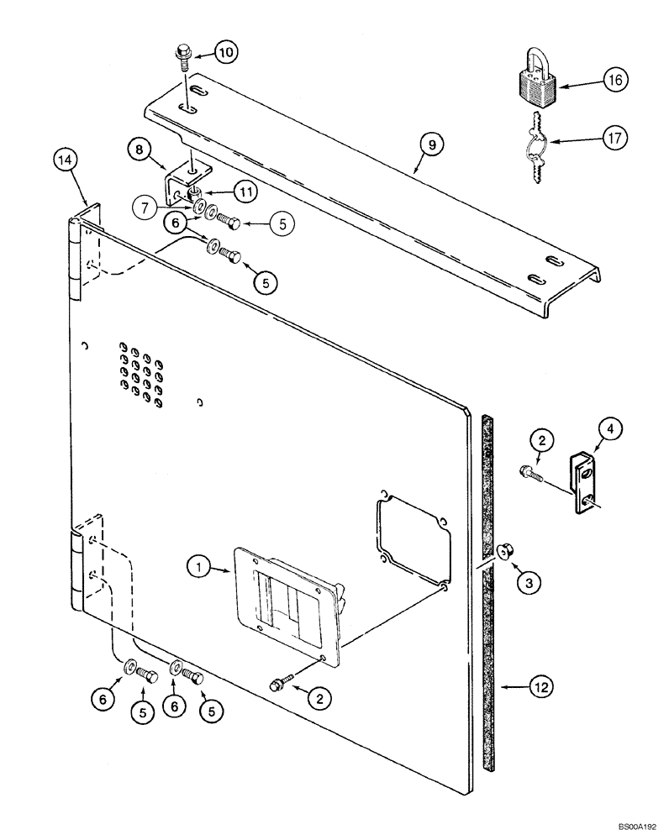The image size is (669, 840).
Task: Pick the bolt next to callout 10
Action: click(x=182, y=60)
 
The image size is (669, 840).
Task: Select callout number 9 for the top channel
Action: click(x=430, y=145)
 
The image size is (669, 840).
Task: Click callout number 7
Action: click(x=148, y=205)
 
